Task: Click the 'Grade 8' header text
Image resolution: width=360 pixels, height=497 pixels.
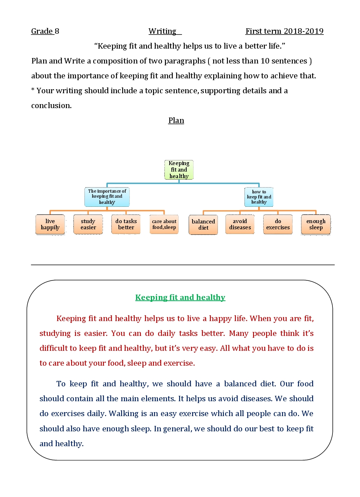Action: coord(45,31)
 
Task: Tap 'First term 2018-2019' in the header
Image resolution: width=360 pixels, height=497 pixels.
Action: coord(284,31)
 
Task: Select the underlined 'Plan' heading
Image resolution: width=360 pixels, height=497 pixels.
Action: coord(176,120)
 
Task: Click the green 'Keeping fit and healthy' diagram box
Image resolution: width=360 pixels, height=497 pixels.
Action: coord(179,170)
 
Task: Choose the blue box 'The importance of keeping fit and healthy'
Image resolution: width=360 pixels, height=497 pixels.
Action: coord(107,197)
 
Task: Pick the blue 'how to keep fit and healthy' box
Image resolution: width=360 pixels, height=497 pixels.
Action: coord(259,197)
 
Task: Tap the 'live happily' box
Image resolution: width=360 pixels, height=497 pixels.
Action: coord(50,225)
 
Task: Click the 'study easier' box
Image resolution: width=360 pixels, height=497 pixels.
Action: coord(88,225)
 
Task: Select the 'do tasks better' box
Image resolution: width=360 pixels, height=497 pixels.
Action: coord(126,225)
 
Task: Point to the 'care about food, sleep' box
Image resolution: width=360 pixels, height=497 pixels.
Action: coord(164,225)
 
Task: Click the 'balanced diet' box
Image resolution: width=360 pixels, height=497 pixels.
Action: coord(203,225)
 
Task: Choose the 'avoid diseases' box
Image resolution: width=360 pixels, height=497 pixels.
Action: coord(240,225)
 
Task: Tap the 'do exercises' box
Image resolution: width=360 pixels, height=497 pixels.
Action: coord(278,225)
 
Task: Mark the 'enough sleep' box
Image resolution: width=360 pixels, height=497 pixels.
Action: coord(316,225)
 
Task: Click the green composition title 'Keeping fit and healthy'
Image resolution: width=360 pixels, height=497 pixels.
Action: coord(180,297)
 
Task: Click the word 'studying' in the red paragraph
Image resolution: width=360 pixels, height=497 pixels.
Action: coord(55,333)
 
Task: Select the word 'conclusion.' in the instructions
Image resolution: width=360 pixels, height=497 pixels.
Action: coord(51,106)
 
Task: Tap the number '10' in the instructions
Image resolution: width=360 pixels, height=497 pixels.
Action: coord(265,61)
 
